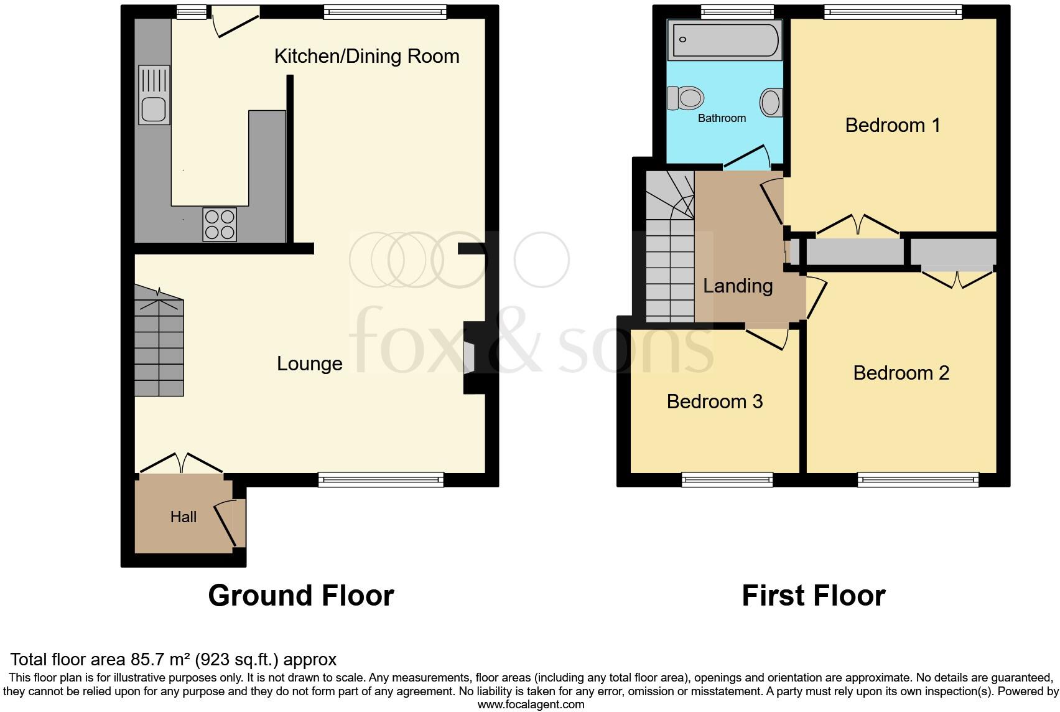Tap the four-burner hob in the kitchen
220,224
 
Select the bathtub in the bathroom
725,40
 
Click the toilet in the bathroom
686,98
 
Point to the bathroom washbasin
771,102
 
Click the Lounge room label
309,363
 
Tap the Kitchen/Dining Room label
366,57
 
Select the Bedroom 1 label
892,125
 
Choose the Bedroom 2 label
901,373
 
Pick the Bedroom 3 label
714,401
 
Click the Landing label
738,286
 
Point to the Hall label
184,517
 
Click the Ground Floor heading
301,596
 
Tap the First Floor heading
813,596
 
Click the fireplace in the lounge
471,357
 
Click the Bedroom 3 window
727,479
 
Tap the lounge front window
381,479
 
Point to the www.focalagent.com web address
531,705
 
